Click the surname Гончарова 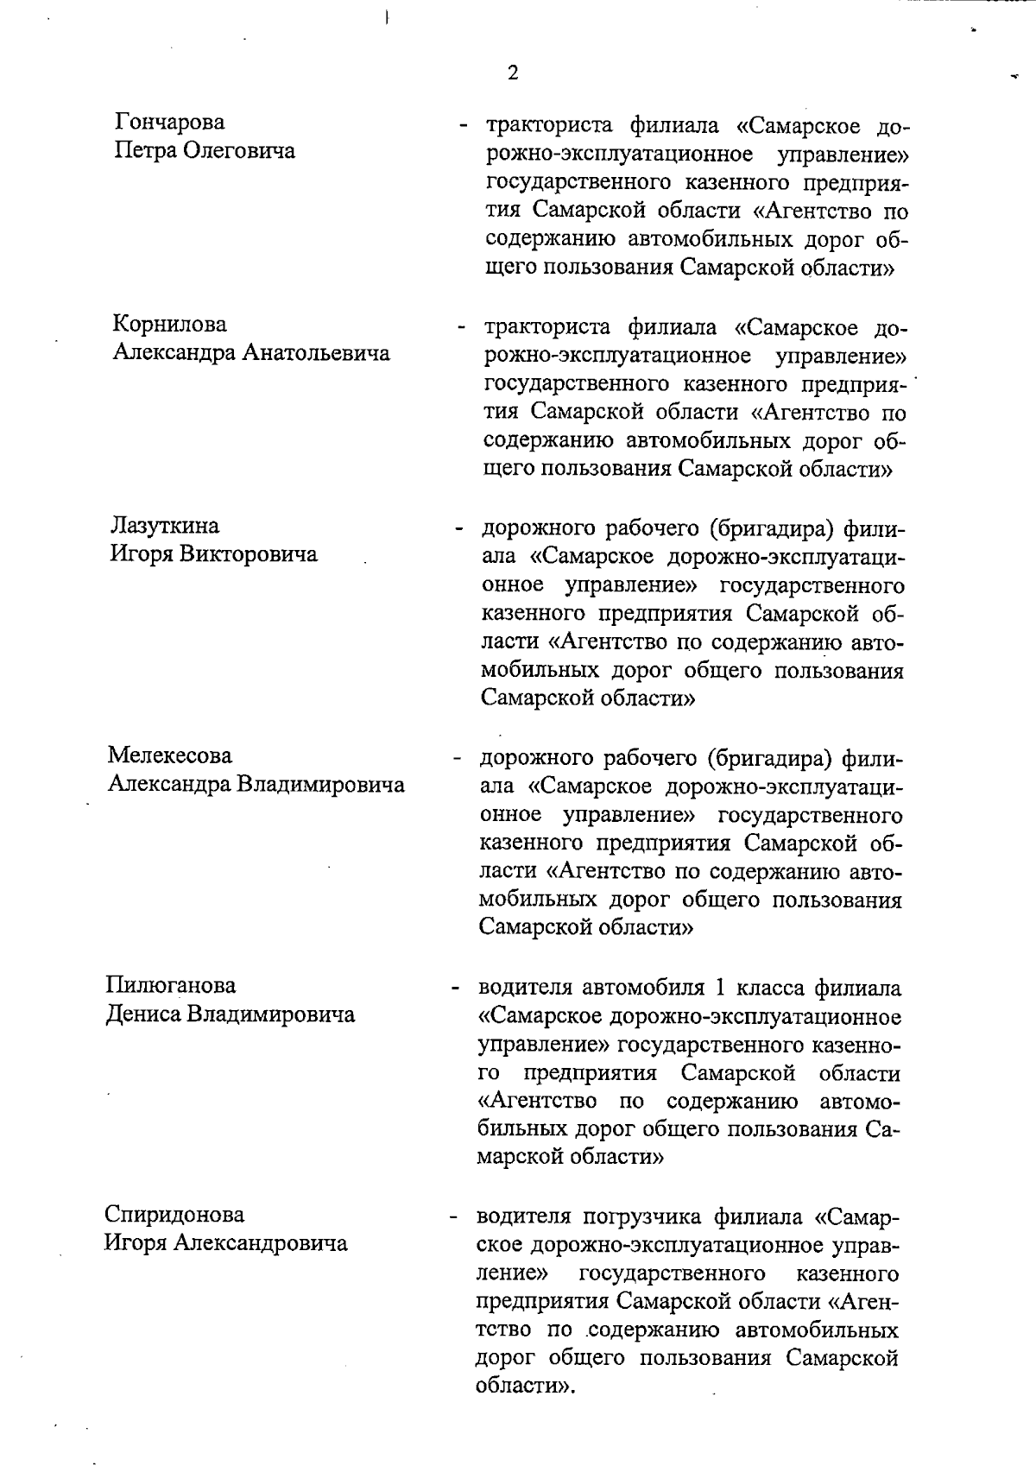(169, 123)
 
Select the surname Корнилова (170, 325)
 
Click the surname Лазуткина (164, 526)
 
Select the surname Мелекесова (170, 755)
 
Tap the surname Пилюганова (170, 985)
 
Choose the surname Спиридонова (174, 1215)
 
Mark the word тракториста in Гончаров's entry (550, 126)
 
